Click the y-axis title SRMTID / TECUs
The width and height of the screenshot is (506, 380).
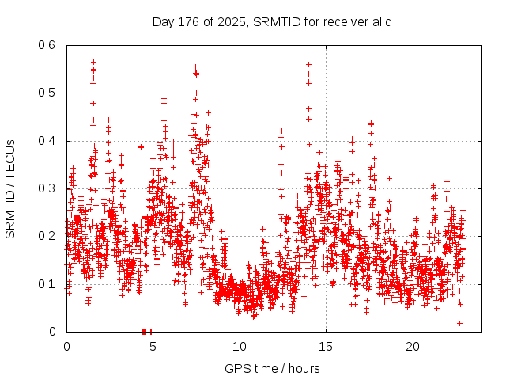point(10,188)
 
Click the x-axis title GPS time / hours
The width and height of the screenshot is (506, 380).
point(272,368)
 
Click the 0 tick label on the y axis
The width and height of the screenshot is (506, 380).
point(52,332)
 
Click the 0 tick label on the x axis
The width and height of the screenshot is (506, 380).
point(66,346)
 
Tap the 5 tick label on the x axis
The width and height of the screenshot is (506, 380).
point(153,346)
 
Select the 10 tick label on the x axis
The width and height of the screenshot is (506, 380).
point(240,346)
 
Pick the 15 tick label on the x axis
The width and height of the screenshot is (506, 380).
point(327,346)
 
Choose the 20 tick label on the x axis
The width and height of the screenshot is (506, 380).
point(413,346)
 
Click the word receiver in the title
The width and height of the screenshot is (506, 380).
point(338,21)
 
